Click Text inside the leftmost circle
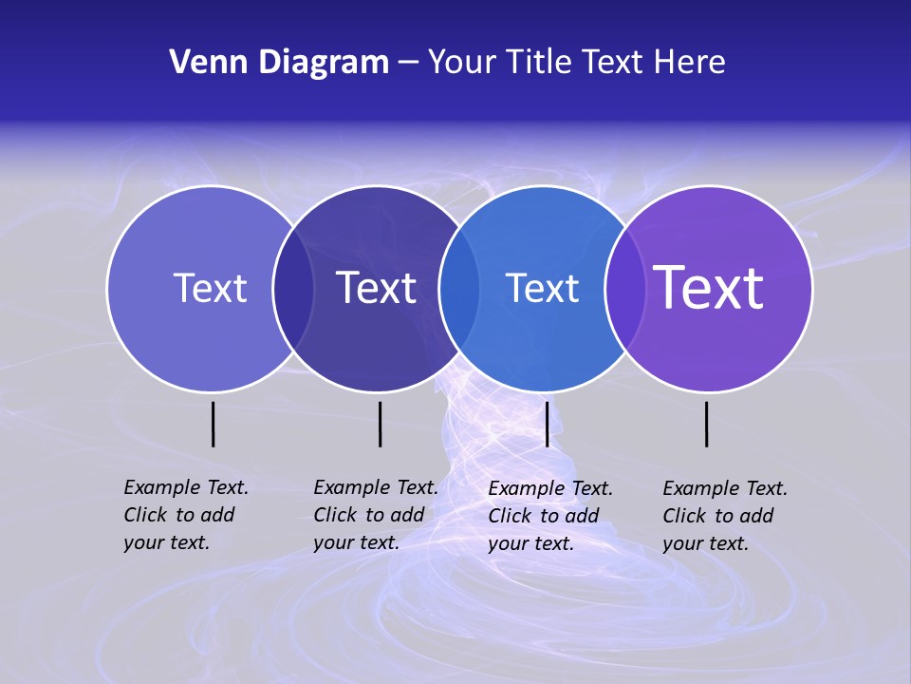point(210,288)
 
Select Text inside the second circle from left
point(376,288)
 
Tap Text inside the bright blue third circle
point(542,289)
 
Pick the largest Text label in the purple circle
point(709,288)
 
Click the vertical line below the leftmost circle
point(214,424)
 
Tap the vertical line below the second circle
point(380,424)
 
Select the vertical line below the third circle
point(547,424)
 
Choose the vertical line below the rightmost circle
point(707,424)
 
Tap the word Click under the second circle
point(335,515)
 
